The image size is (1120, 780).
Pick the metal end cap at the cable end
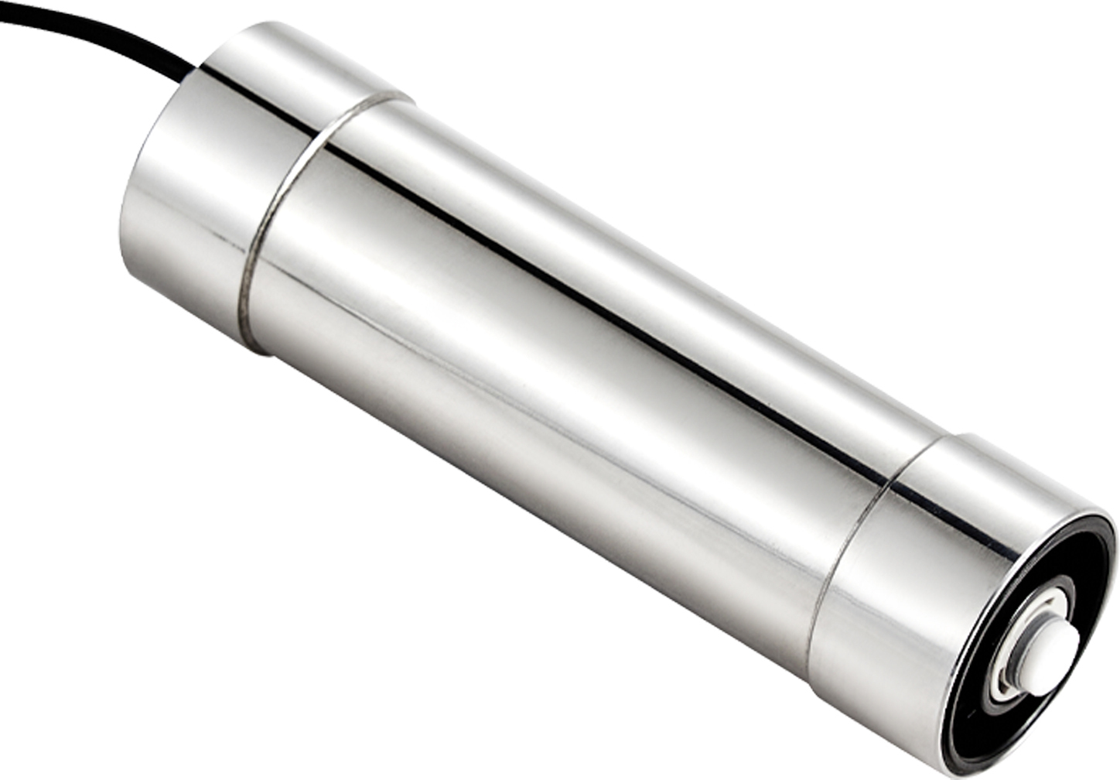(x=201, y=193)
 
